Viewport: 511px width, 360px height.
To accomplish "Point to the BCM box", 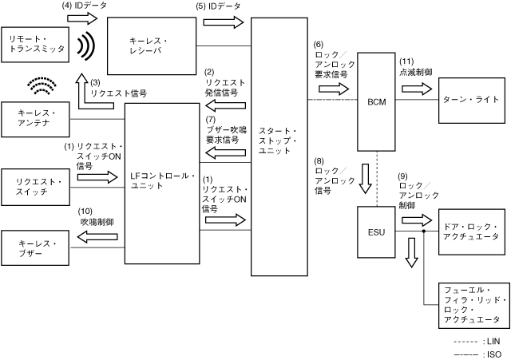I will tap(377, 101).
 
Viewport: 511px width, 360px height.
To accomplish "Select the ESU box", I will tap(377, 231).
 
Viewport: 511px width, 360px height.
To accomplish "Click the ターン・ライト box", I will tap(473, 101).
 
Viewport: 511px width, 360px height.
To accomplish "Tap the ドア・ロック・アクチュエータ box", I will tap(473, 232).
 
